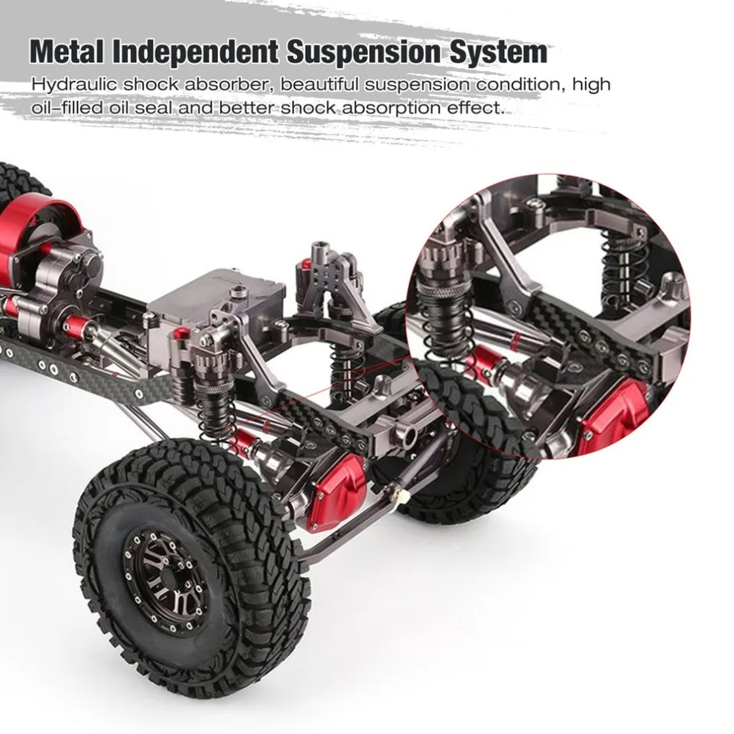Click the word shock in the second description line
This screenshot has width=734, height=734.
coord(307,107)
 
